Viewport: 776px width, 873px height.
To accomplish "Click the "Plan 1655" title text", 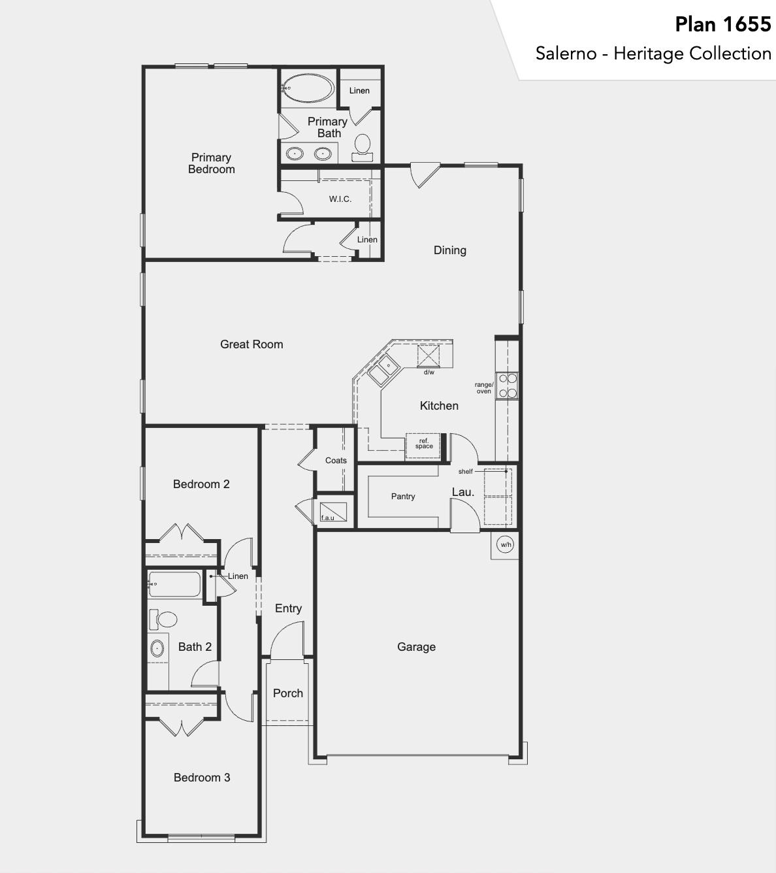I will [722, 25].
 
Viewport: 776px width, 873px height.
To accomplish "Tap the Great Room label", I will [251, 344].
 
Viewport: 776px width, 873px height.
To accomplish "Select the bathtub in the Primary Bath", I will [308, 88].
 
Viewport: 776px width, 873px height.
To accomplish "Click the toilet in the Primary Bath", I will [362, 144].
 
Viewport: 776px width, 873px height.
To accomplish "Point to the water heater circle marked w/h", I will [506, 544].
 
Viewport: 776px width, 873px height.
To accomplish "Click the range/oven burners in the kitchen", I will [508, 385].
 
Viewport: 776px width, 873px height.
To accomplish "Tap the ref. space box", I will [423, 444].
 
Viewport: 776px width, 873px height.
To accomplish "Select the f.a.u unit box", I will [332, 510].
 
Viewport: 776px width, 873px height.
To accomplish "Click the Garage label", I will [416, 647].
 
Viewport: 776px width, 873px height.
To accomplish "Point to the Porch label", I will [288, 693].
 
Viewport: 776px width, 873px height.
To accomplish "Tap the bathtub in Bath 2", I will [174, 584].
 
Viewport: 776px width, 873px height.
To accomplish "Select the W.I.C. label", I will [340, 199].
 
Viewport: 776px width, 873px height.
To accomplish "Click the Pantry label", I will [403, 497].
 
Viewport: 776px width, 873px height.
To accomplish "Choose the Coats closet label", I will [336, 461].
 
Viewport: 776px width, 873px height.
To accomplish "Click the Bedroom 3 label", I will [202, 778].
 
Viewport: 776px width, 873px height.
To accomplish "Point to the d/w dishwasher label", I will [428, 372].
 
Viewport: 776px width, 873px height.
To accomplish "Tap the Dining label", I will [450, 250].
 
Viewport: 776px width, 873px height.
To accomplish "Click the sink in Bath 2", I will [157, 648].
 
